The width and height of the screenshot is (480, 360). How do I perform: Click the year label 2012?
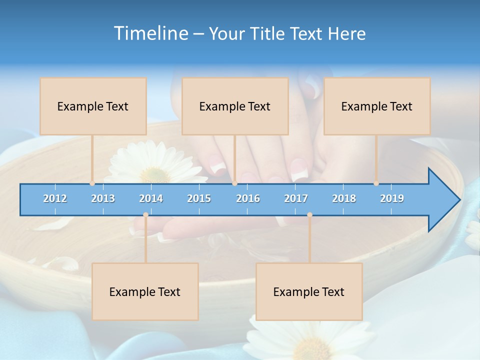pyautogui.click(x=55, y=198)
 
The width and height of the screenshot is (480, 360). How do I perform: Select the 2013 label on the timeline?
pyautogui.click(x=103, y=198)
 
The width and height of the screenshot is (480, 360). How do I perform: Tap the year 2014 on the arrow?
pyautogui.click(x=151, y=198)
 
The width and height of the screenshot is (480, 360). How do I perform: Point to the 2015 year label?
pyautogui.click(x=199, y=198)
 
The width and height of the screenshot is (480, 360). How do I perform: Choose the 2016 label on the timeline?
pyautogui.click(x=248, y=198)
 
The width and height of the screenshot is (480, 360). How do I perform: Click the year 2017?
pyautogui.click(x=296, y=198)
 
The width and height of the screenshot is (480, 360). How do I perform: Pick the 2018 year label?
pyautogui.click(x=344, y=198)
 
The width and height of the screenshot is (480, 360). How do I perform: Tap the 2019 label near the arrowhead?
pyautogui.click(x=392, y=198)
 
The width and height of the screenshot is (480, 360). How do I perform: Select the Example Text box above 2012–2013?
pyautogui.click(x=93, y=106)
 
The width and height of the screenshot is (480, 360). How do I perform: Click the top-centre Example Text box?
pyautogui.click(x=235, y=106)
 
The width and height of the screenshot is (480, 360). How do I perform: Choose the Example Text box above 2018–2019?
pyautogui.click(x=377, y=106)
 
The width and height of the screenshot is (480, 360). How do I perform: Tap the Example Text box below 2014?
pyautogui.click(x=145, y=291)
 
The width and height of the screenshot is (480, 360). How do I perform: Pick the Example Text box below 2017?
pyautogui.click(x=309, y=291)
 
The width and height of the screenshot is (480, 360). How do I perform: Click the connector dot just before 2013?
pyautogui.click(x=92, y=183)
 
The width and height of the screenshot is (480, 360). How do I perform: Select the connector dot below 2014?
pyautogui.click(x=145, y=214)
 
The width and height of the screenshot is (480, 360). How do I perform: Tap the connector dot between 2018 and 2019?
pyautogui.click(x=376, y=183)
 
